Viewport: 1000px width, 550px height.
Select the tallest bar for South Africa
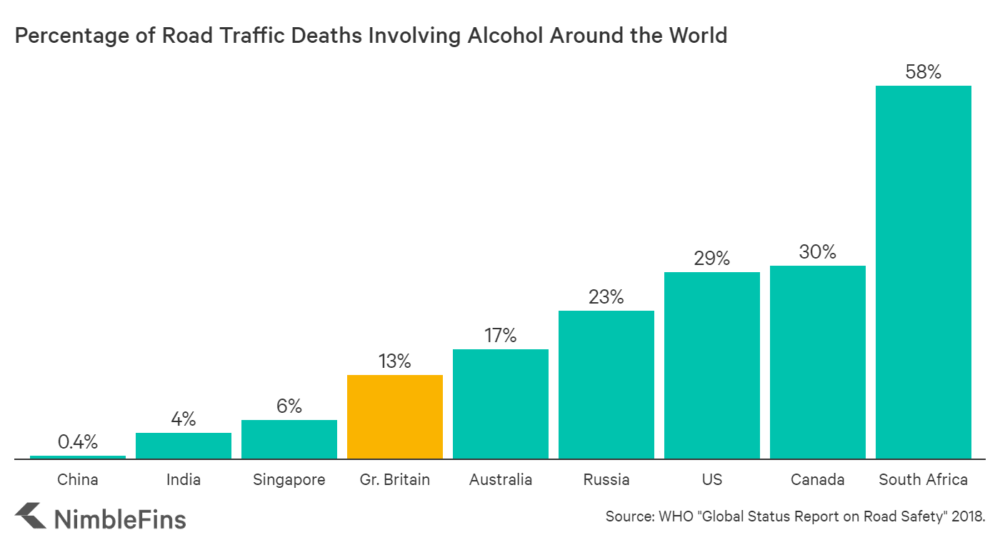tap(924, 272)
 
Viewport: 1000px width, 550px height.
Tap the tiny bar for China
tap(78, 456)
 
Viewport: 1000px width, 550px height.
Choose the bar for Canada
tap(818, 362)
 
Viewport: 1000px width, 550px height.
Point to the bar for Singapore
tap(289, 439)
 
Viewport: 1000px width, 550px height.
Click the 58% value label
tap(924, 71)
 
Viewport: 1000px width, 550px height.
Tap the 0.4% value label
tap(78, 442)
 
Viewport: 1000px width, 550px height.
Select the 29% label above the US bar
tap(712, 259)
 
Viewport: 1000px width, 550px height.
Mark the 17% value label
tap(501, 336)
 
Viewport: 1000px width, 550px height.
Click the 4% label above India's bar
tap(184, 419)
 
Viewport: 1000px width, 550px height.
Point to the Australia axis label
tap(501, 479)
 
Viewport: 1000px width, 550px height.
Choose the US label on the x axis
tap(712, 479)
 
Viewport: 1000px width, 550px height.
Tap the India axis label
tap(184, 479)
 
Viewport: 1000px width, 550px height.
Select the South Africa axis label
tap(924, 479)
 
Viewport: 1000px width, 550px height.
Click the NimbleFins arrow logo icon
tap(30, 516)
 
